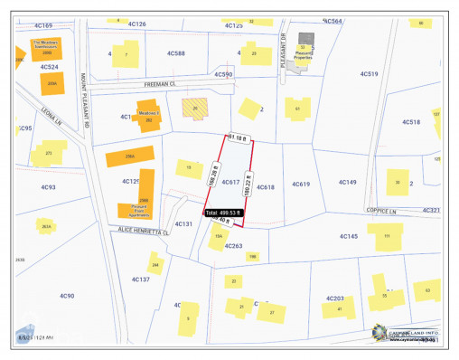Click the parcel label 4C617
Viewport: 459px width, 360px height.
pos(230,183)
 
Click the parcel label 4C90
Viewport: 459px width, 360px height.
pos(67,296)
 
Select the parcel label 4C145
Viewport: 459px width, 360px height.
pos(349,236)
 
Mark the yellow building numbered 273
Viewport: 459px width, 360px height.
pos(48,154)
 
